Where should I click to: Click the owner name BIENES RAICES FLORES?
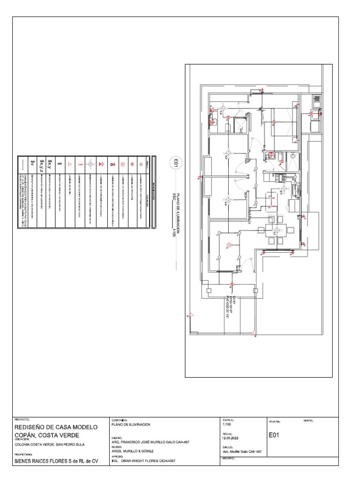click(x=56, y=462)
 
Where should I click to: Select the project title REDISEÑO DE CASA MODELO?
click(x=56, y=427)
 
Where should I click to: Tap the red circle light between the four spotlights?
click(x=229, y=245)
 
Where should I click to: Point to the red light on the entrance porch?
click(x=232, y=285)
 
